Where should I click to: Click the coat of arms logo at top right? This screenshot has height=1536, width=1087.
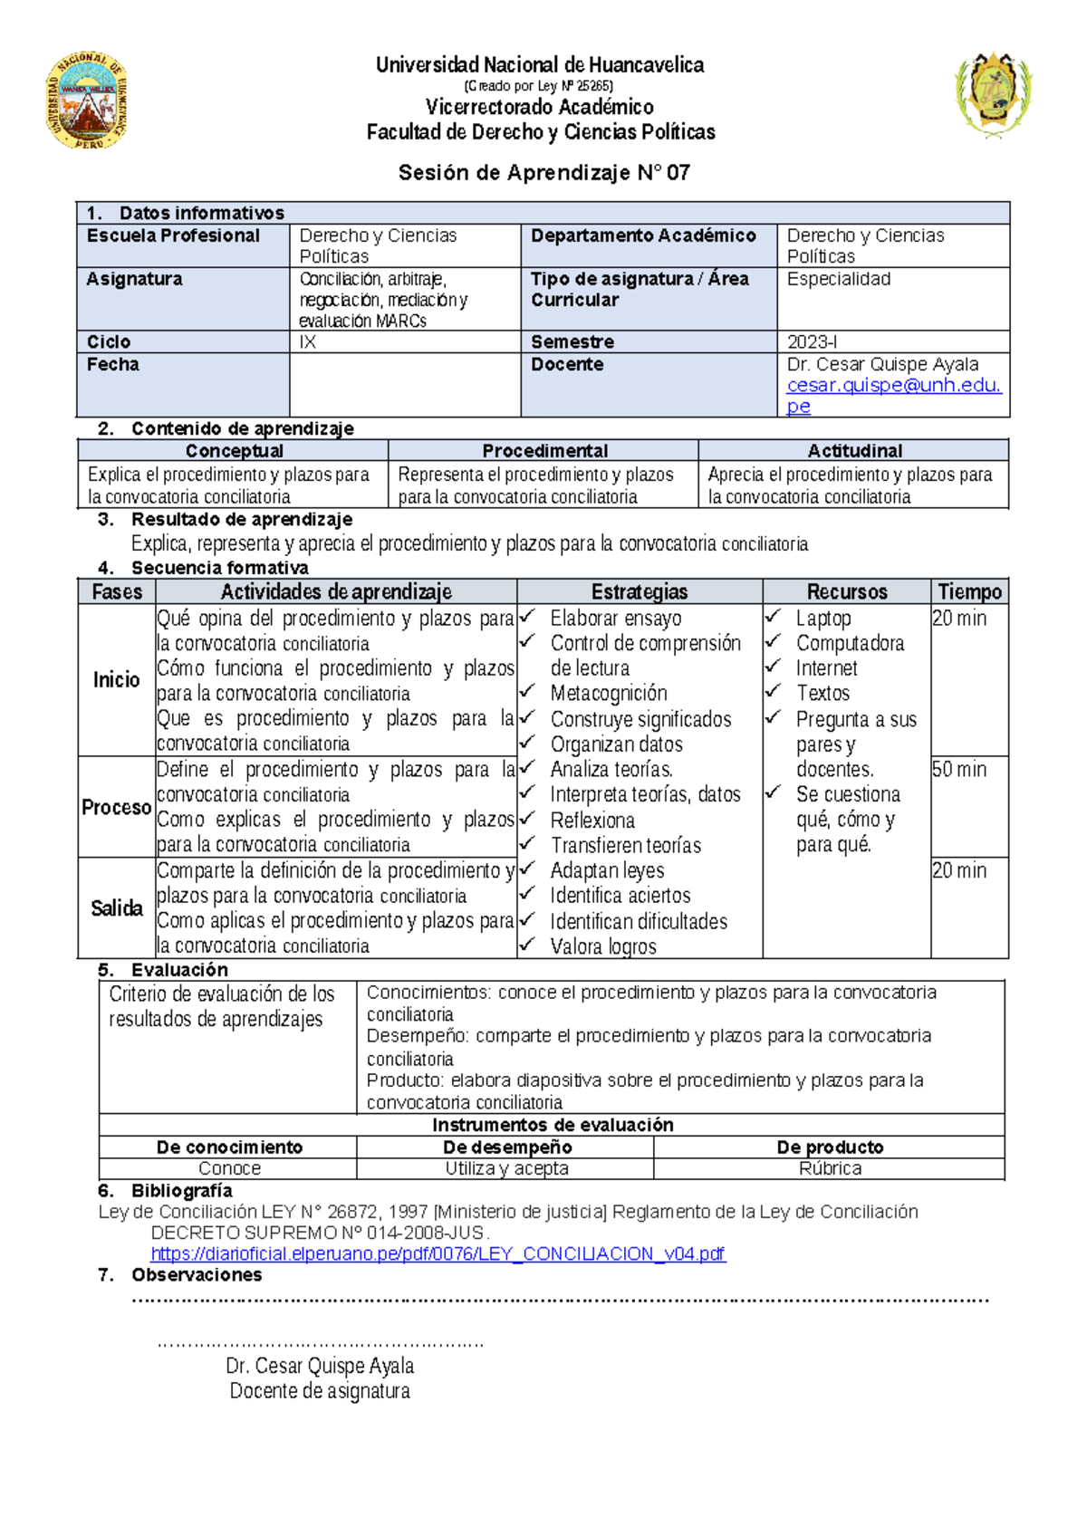click(x=994, y=93)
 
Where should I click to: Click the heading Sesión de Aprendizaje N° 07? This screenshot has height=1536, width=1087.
click(x=543, y=173)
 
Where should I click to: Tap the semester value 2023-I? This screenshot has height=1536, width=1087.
click(x=812, y=342)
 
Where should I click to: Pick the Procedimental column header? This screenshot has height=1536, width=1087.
click(x=544, y=451)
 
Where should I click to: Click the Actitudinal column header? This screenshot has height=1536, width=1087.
click(x=854, y=451)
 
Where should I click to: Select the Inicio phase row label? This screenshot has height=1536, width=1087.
click(x=117, y=680)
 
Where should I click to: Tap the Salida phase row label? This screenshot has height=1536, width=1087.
click(x=117, y=908)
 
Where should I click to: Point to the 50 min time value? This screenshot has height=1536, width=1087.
click(x=958, y=770)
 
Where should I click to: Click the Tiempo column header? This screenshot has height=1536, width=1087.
click(x=969, y=592)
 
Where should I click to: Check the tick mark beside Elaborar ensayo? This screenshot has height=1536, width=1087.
click(x=528, y=617)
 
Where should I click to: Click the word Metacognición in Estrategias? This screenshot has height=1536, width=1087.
click(x=608, y=694)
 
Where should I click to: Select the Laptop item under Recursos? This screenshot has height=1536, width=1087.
click(x=823, y=619)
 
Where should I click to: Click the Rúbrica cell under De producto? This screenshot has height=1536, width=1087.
click(x=830, y=1169)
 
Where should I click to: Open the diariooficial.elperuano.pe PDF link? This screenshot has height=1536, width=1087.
click(x=438, y=1254)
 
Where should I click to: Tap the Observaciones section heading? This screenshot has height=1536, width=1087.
click(x=196, y=1275)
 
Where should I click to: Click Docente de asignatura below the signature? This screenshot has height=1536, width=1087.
click(x=319, y=1391)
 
